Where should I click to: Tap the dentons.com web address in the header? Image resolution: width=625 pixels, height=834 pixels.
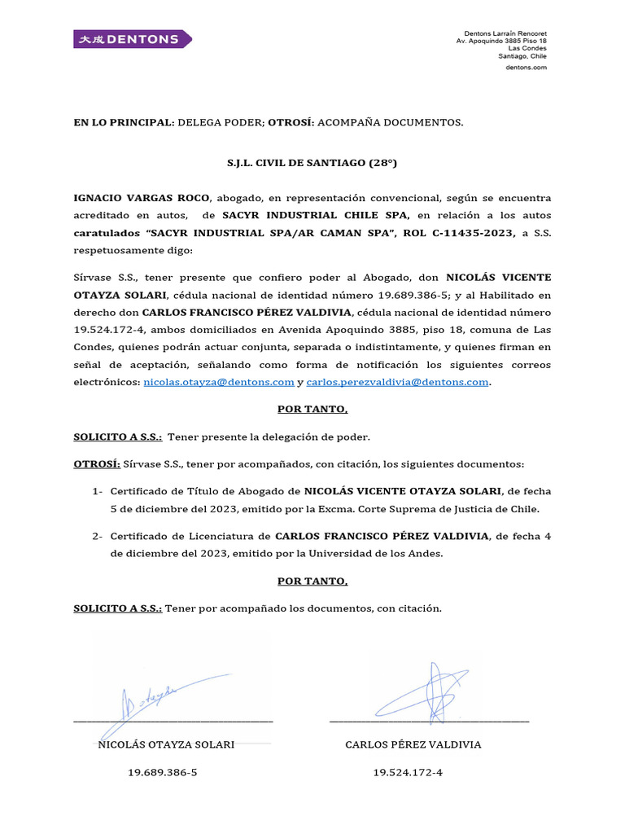click(526, 68)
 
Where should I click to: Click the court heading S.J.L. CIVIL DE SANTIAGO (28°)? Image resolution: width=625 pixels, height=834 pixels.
click(312, 163)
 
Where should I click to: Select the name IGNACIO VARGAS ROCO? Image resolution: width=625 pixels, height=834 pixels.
click(142, 198)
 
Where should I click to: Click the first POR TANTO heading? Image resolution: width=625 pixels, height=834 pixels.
click(312, 409)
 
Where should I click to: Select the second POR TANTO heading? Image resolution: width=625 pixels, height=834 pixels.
click(312, 581)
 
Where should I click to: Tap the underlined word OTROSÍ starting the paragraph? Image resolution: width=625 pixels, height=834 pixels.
click(97, 464)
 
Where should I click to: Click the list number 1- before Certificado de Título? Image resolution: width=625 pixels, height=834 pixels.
click(98, 491)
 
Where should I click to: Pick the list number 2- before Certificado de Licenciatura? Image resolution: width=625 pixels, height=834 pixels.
click(98, 536)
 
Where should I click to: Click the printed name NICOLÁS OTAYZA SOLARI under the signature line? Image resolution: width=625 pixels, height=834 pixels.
click(166, 744)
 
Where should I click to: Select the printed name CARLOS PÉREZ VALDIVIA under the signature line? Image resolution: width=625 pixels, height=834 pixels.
click(413, 744)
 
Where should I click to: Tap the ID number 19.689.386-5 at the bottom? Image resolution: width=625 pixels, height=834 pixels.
click(163, 772)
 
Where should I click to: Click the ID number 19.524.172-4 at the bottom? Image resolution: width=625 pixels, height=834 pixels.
click(408, 772)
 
